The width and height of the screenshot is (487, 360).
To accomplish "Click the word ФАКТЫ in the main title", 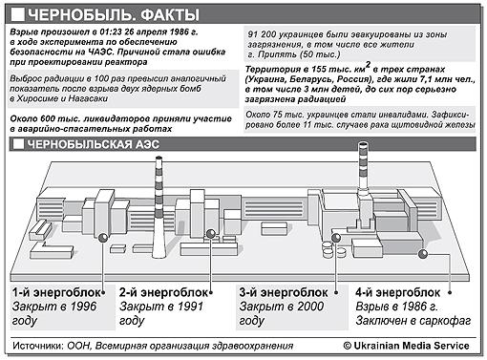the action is coord(170,15).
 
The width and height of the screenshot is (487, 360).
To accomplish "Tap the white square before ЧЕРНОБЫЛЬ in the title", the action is coord(18,14).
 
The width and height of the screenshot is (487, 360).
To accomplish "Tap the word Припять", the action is coord(277,54).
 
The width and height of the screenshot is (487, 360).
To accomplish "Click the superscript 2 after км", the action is coord(368,65).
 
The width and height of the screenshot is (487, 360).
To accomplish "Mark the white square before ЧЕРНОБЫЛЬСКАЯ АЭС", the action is coord(18,144).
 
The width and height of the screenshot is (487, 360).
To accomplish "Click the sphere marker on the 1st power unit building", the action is coord(103,238).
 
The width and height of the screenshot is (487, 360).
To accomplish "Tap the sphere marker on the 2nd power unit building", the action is coord(211,234).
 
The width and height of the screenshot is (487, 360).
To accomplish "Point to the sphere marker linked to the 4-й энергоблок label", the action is coord(423,254).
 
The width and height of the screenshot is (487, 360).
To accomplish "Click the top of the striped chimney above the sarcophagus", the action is coord(363,144).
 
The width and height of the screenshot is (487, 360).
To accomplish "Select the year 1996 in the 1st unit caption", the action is coord(83,307).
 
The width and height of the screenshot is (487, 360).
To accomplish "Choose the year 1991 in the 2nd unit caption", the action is coord(190,307).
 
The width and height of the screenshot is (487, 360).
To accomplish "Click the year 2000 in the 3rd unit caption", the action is coord(310,307).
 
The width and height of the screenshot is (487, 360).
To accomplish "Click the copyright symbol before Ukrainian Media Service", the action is coord(347,346).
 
